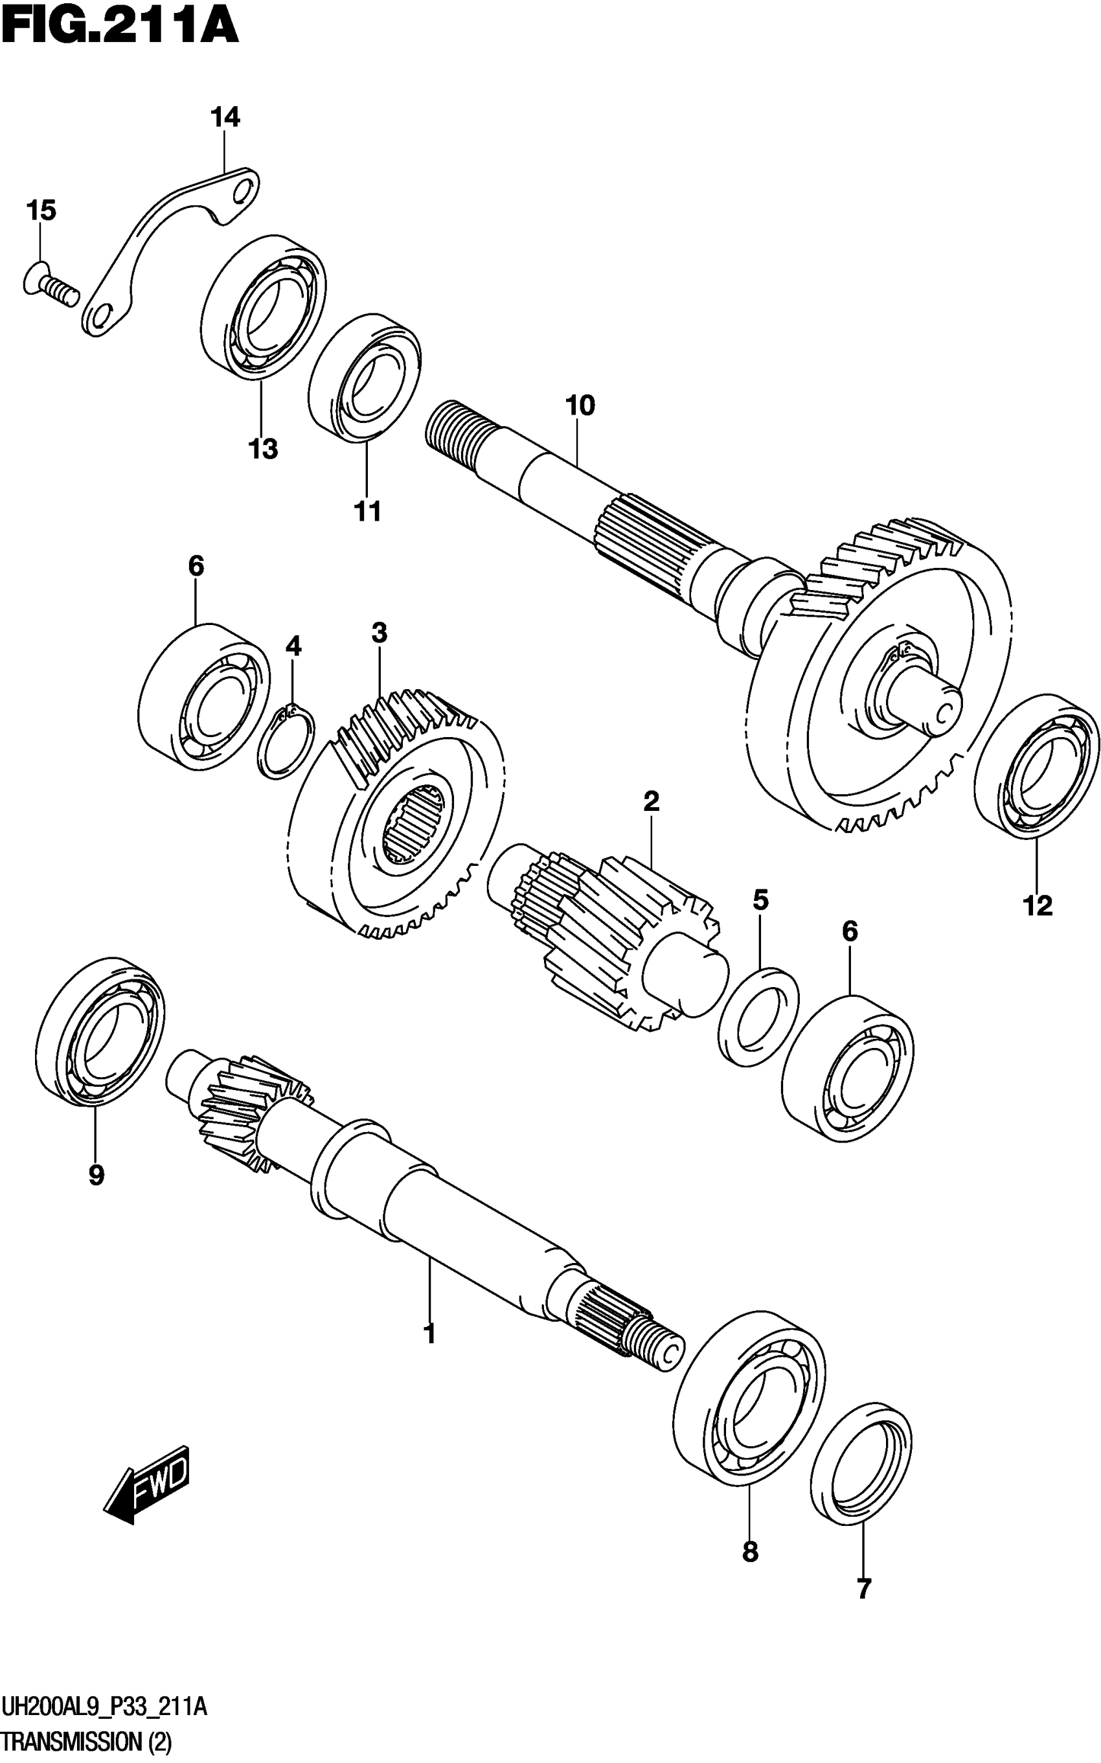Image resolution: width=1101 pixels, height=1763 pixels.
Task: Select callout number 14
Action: coord(225,117)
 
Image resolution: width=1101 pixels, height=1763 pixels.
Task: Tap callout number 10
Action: coord(580,405)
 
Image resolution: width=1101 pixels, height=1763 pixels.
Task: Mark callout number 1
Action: coord(429,1334)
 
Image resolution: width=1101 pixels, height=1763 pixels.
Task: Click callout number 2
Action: coord(651,801)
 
